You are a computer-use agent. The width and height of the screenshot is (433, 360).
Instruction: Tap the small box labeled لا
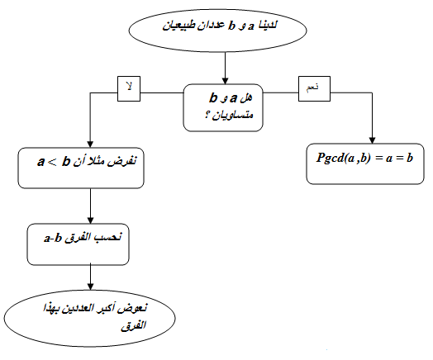(x=129, y=88)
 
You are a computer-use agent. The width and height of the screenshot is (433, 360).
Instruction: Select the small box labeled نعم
(x=314, y=88)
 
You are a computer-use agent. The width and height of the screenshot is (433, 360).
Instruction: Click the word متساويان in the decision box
(x=233, y=115)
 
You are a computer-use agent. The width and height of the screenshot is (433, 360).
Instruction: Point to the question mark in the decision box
(x=207, y=115)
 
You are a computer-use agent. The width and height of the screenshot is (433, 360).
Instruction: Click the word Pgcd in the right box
(x=329, y=158)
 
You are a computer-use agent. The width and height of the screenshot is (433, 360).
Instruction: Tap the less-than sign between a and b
(x=52, y=162)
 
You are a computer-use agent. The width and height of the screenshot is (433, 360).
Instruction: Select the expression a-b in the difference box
(x=52, y=238)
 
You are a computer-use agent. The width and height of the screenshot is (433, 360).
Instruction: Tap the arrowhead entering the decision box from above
(x=225, y=81)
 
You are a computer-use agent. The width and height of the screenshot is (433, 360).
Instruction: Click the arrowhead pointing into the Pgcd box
(x=372, y=140)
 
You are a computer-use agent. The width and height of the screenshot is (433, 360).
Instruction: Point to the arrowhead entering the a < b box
(x=90, y=144)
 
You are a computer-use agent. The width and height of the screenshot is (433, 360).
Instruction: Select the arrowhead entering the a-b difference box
(x=90, y=220)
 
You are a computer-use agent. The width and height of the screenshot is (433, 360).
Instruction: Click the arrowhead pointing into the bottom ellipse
(x=90, y=287)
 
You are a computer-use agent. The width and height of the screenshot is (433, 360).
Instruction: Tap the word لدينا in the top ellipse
(x=267, y=25)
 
